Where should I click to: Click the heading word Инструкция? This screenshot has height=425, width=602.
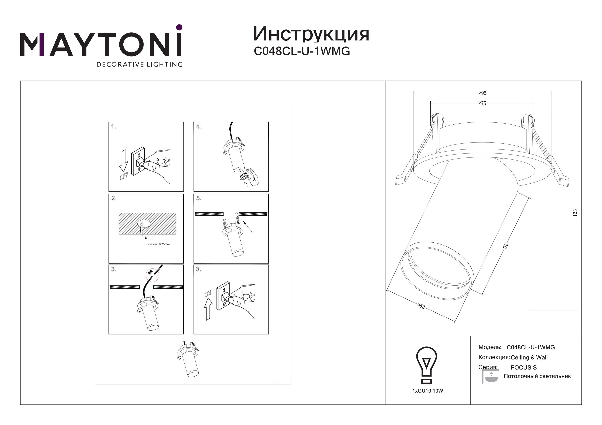pos(311,34)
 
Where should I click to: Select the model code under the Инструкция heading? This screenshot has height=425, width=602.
pos(302,51)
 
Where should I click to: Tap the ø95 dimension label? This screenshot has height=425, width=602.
pos(482,93)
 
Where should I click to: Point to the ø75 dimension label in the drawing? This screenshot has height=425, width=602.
pos(482,103)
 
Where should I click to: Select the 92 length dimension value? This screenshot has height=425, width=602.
pos(506,245)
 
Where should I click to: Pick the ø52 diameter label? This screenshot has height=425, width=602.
pos(421,306)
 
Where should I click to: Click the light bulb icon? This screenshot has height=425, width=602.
pos(427,365)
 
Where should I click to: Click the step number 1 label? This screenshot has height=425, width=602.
pos(114,126)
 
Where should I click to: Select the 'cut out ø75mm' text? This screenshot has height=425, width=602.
pos(159,244)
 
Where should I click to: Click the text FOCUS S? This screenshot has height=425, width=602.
pos(524,368)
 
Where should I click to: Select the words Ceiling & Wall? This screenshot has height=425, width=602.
pos(529,357)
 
